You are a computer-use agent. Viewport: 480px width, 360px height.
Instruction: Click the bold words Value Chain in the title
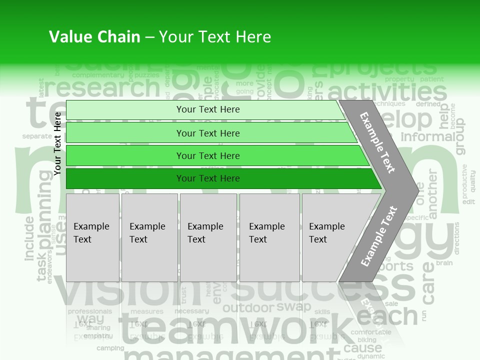click(94, 37)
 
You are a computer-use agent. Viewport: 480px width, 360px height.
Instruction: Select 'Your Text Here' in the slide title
click(215, 37)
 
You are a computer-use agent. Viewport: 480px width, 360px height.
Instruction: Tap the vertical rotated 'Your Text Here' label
click(57, 143)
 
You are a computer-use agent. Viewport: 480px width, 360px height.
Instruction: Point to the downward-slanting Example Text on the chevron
click(377, 142)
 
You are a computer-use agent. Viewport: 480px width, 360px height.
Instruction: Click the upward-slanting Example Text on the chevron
click(379, 236)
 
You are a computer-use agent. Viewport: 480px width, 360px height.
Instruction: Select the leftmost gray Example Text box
click(92, 237)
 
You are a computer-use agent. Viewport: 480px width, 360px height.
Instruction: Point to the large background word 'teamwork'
click(235, 327)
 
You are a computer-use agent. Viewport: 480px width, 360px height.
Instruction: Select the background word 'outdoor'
click(248, 308)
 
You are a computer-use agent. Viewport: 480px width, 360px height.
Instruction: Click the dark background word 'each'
click(386, 315)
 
